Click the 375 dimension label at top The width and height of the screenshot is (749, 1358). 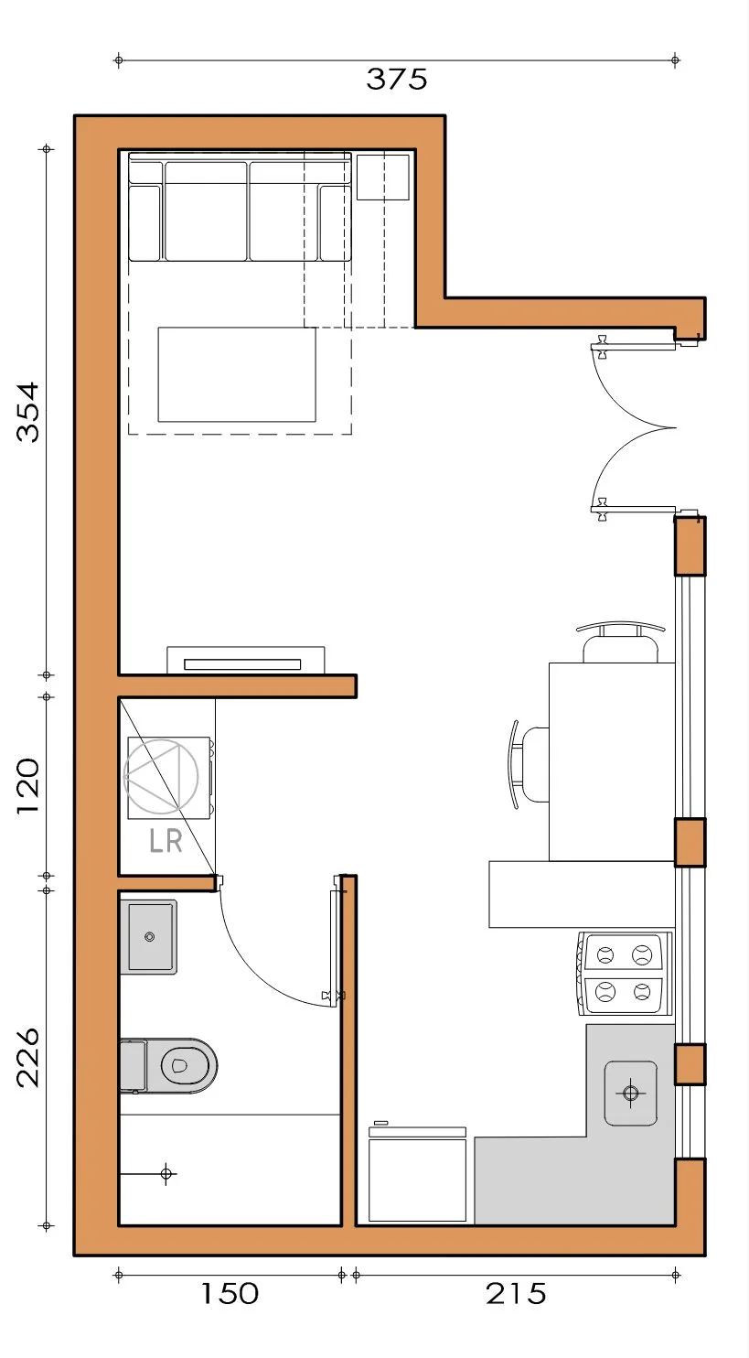397,80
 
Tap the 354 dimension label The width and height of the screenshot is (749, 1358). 27,412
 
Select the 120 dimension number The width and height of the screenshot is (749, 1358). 27,786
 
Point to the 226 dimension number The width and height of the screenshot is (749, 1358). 27,1058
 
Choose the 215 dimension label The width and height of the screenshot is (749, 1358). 516,1294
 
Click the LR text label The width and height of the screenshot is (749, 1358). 166,841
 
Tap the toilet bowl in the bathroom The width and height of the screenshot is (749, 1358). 182,1065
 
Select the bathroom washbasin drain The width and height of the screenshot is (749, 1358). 150,937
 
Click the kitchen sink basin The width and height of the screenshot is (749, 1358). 631,1093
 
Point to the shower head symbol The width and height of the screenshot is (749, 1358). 166,1174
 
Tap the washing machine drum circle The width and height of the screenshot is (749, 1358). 161,777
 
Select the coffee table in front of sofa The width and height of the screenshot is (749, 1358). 237,374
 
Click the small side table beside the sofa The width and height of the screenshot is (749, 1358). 383,177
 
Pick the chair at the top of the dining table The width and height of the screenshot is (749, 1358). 621,642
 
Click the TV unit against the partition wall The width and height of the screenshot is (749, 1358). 245,661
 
